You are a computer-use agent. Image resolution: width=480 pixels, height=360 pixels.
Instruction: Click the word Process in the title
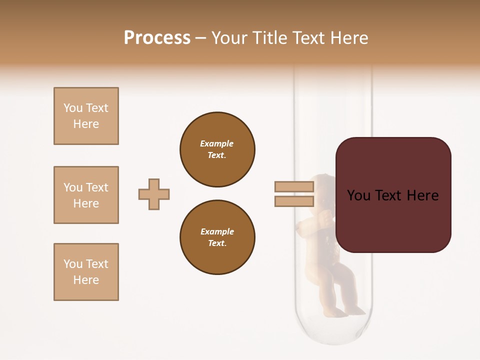click(157, 38)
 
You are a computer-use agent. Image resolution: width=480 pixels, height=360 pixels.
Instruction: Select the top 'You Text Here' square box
click(86, 116)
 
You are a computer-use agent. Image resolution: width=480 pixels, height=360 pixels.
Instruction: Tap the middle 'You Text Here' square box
click(86, 195)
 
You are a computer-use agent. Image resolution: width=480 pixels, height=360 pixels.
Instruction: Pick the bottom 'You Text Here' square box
click(86, 272)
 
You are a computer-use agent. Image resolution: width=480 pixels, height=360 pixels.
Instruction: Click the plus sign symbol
click(154, 194)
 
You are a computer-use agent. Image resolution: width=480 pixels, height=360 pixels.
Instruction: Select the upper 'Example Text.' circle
click(217, 149)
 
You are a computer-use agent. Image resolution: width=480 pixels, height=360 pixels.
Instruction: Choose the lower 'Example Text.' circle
click(217, 237)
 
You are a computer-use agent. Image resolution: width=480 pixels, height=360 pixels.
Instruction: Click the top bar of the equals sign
click(294, 187)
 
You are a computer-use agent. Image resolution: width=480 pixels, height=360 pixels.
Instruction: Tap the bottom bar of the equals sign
click(294, 201)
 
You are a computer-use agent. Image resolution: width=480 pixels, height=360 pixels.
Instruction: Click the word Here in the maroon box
click(422, 195)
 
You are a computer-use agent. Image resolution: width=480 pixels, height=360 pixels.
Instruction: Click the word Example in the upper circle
click(217, 143)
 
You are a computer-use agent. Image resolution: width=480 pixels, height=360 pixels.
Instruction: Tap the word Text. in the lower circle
click(217, 243)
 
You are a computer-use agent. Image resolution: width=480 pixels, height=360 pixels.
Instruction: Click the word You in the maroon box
click(358, 195)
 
